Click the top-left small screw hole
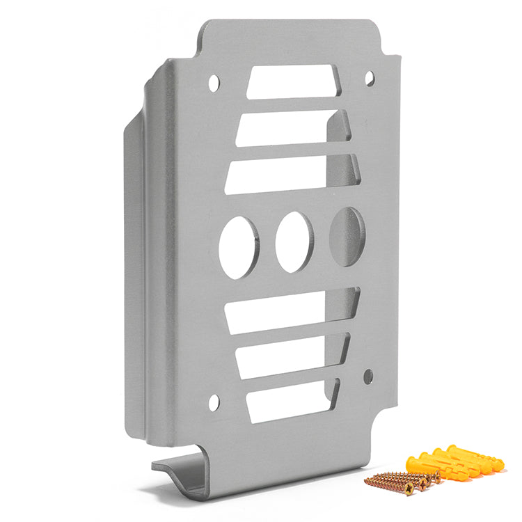pos(214,84)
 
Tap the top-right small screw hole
pos(370,78)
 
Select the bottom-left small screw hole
pos(214,402)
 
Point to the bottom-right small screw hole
pos(368,377)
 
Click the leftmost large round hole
pos(238,247)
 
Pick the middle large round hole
pos(294,242)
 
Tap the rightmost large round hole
pos(346,237)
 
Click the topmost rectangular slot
pos(292,81)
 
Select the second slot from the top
pos(292,129)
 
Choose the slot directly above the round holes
pos(292,173)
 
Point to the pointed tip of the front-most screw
pos(367,480)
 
